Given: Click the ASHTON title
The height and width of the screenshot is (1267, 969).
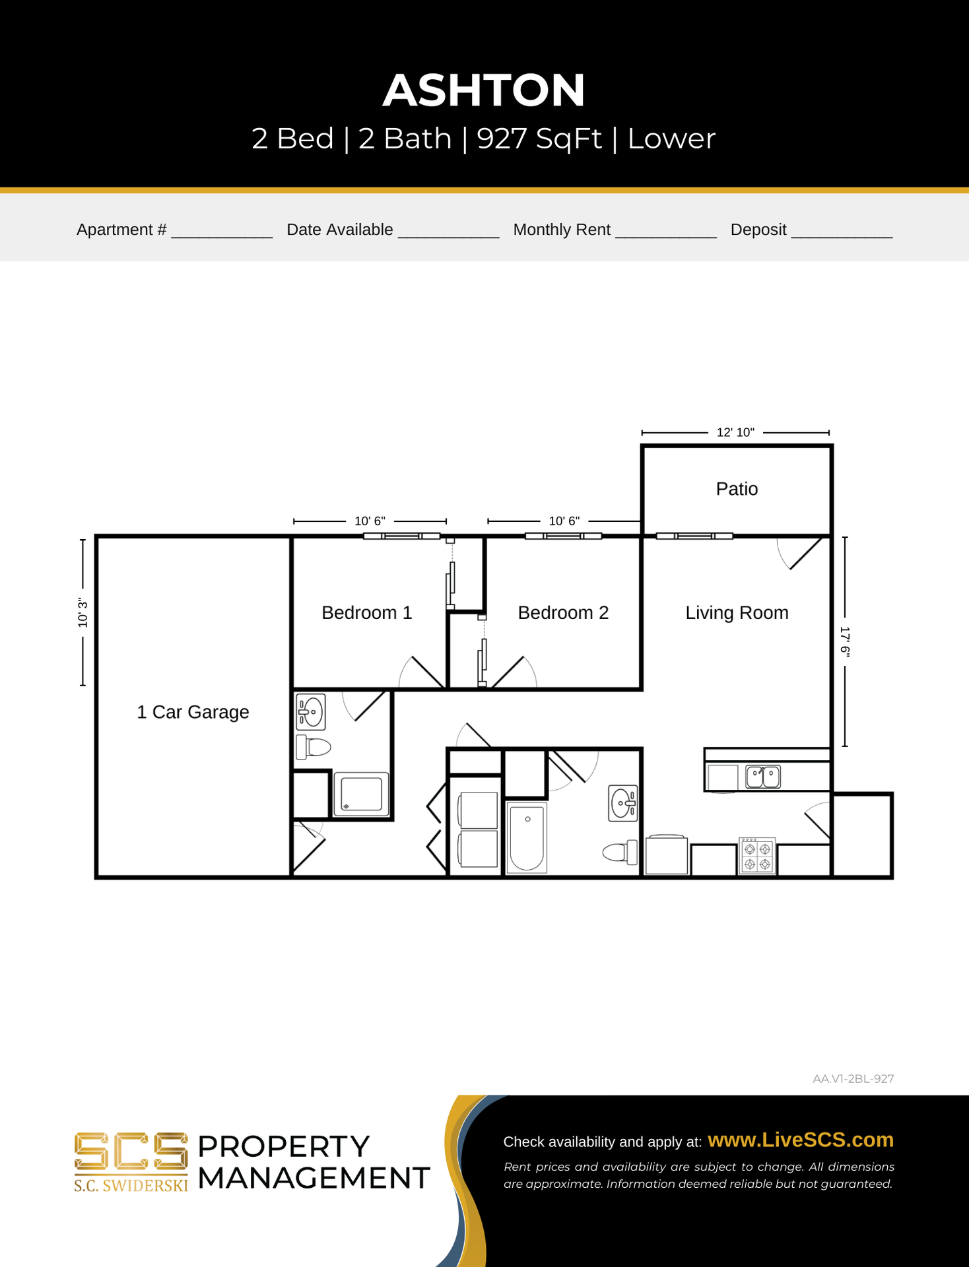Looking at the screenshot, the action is pos(484,90).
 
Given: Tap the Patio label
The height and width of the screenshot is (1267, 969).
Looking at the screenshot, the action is pos(737,489).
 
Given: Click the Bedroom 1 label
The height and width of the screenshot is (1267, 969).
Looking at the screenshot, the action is pos(367,612).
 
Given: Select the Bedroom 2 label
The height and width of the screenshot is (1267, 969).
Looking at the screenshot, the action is pos(563,612).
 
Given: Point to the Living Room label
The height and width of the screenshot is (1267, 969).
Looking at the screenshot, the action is pos(737,613).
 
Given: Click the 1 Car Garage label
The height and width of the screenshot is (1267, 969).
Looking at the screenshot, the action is pos(193,712).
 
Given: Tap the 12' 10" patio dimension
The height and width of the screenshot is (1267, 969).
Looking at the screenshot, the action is pos(735,432).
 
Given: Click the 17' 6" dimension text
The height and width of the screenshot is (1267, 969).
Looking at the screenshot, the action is pos(845,641).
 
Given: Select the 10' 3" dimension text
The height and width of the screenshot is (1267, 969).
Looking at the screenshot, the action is pos(83,613).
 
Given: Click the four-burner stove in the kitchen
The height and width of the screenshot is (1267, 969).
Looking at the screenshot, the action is pos(757,856).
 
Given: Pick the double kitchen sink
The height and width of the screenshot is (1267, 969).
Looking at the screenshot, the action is pos(763,777).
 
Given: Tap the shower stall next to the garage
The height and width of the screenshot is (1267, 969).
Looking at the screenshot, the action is pos(361,794).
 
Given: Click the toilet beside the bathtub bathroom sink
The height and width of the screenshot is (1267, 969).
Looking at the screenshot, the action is pos(620,853).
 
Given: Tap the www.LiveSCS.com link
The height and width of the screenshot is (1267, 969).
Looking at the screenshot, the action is pos(801,1140).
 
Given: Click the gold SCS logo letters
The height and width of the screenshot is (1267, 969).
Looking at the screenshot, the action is pos(131,1152).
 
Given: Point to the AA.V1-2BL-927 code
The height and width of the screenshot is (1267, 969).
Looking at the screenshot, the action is pos(853,1079).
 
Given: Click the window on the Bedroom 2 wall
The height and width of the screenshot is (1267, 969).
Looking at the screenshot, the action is pos(563,536).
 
